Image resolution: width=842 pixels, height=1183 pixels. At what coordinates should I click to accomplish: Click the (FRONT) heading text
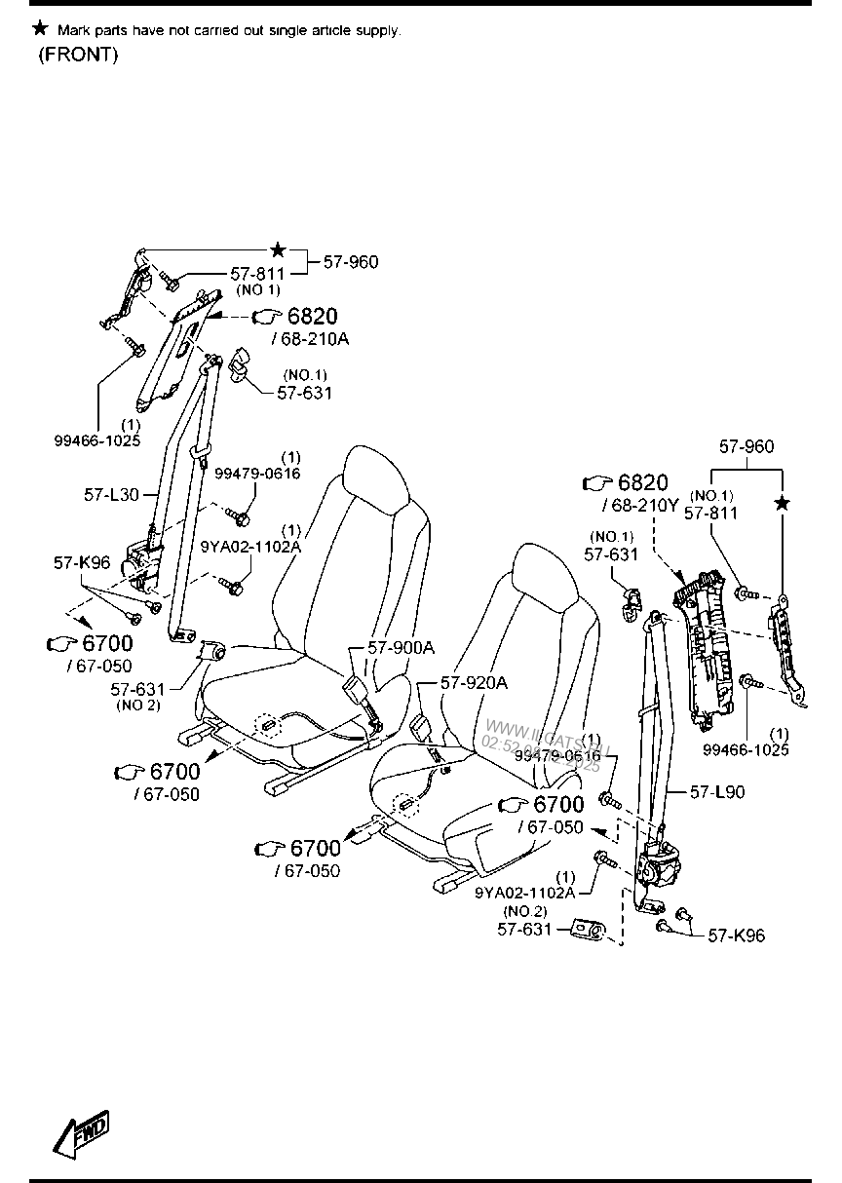click(78, 55)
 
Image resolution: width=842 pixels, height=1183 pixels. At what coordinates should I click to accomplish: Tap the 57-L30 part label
click(111, 495)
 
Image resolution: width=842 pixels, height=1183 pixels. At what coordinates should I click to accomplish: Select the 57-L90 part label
click(716, 792)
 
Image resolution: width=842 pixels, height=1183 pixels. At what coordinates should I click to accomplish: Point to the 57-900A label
click(401, 648)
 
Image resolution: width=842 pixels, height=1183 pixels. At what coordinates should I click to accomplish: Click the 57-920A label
click(474, 683)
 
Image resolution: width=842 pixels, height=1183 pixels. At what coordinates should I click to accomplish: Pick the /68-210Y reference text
click(638, 505)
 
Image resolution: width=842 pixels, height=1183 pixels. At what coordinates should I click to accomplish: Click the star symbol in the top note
click(39, 28)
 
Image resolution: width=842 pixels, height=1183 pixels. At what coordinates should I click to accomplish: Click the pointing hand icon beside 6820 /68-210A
click(266, 317)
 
